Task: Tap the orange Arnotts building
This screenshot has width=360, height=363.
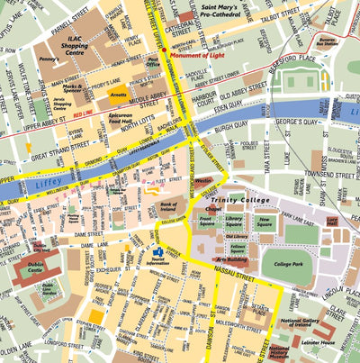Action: [x=117, y=92]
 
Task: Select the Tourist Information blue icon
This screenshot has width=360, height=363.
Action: [x=159, y=252]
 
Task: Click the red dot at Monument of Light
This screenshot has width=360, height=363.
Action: [x=174, y=55]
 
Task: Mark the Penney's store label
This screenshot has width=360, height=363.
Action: [x=49, y=60]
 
